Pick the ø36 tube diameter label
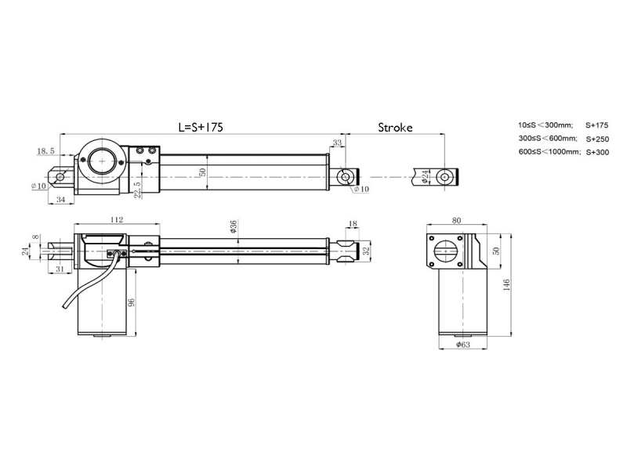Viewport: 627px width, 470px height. (234, 227)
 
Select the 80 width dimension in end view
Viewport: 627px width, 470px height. (457, 221)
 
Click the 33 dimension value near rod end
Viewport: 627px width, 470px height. (337, 143)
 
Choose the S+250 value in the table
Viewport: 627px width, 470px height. (596, 139)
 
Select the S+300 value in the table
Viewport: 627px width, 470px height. (596, 152)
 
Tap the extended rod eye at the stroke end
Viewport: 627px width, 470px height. (445, 176)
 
